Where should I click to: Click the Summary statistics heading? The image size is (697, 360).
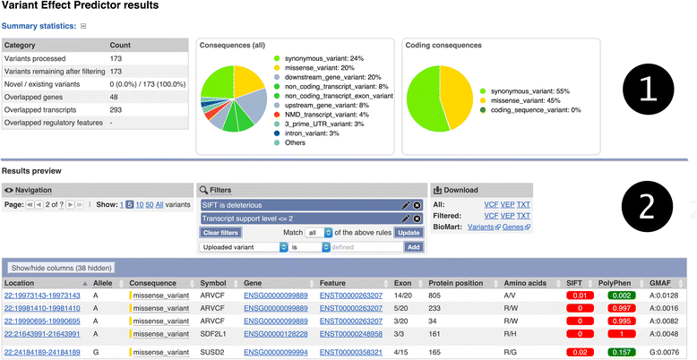(39, 26)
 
